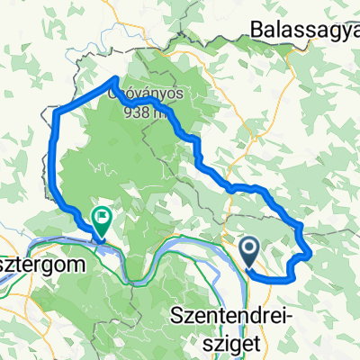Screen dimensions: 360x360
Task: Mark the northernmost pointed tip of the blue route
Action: pyautogui.click(x=121, y=78)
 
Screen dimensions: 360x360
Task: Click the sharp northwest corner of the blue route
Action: pyautogui.click(x=58, y=112)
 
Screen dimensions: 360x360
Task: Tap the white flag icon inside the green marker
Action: pyautogui.click(x=102, y=214)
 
